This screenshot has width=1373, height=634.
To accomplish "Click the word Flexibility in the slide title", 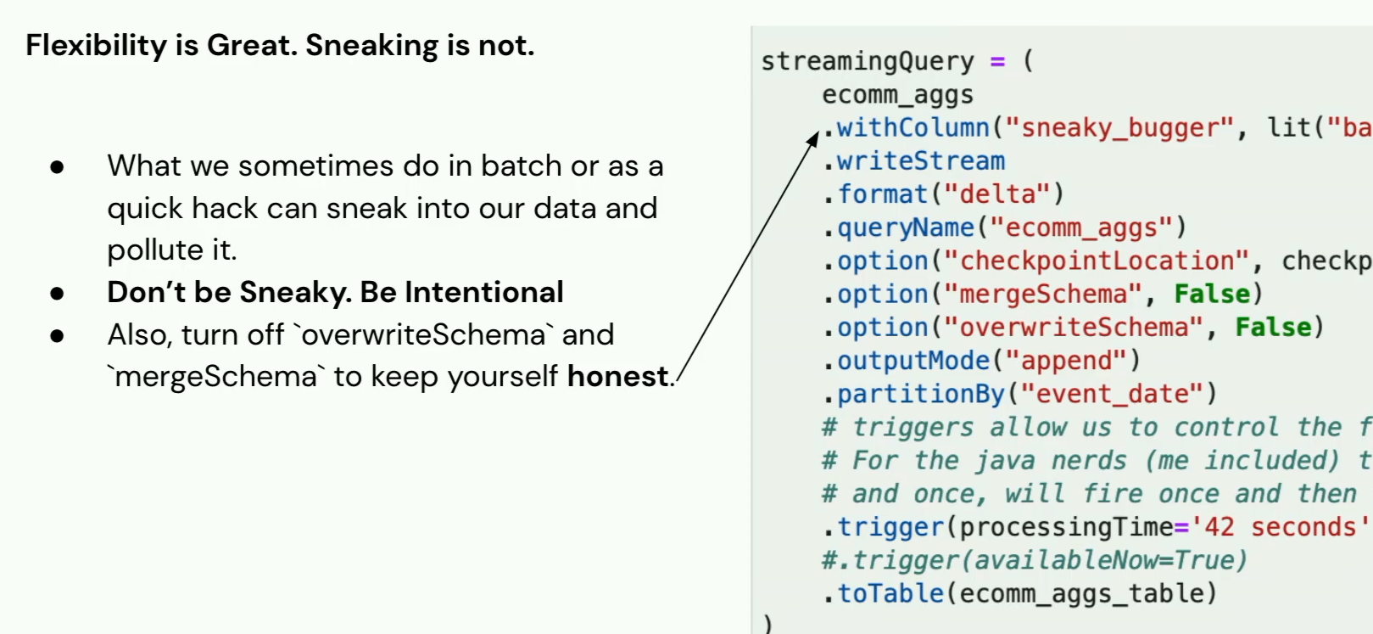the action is (x=96, y=46).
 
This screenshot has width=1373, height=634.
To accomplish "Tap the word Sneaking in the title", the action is (x=372, y=46).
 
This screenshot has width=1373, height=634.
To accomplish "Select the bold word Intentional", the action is (x=484, y=292).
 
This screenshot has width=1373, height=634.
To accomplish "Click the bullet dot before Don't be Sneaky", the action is (x=57, y=294).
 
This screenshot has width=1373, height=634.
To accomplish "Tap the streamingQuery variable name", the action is (x=868, y=61).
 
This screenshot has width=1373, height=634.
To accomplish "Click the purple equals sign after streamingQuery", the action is (x=997, y=61).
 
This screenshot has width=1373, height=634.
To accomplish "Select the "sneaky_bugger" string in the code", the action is (x=1119, y=128).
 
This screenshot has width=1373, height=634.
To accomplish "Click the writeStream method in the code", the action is (x=921, y=161).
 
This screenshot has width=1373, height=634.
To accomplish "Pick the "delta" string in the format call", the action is (x=997, y=194).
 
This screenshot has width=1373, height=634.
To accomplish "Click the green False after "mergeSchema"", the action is (x=1212, y=295).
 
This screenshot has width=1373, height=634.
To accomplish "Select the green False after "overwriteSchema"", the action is (x=1273, y=328).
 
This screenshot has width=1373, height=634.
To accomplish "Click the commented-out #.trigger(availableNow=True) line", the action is (x=1035, y=560).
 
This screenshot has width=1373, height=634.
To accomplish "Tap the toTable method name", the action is (x=890, y=593).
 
